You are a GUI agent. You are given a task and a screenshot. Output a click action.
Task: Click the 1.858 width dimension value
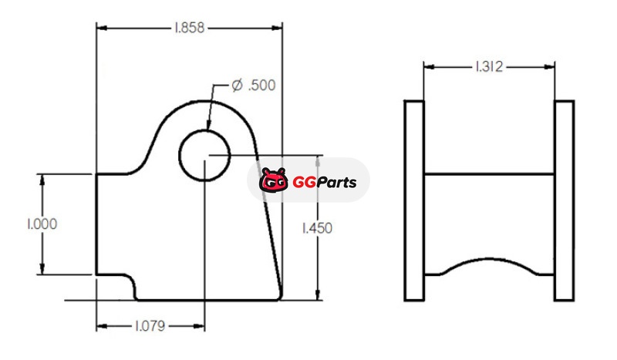tap(190, 28)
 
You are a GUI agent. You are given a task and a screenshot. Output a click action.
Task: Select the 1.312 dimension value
tap(489, 67)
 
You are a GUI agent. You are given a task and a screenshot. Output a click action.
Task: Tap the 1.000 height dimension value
tap(42, 224)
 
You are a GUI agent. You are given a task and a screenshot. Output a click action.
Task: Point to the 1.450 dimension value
tap(317, 228)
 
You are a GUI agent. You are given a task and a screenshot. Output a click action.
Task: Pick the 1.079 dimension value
tap(150, 326)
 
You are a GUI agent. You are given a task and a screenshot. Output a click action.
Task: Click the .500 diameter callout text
tap(262, 86)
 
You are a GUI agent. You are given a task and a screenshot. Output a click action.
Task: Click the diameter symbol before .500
tap(237, 85)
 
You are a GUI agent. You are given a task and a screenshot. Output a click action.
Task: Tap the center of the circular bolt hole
tap(204, 156)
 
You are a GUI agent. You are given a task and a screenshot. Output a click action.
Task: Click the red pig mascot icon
tap(274, 180)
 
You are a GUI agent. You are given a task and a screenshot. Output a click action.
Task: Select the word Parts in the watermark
tap(336, 182)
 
